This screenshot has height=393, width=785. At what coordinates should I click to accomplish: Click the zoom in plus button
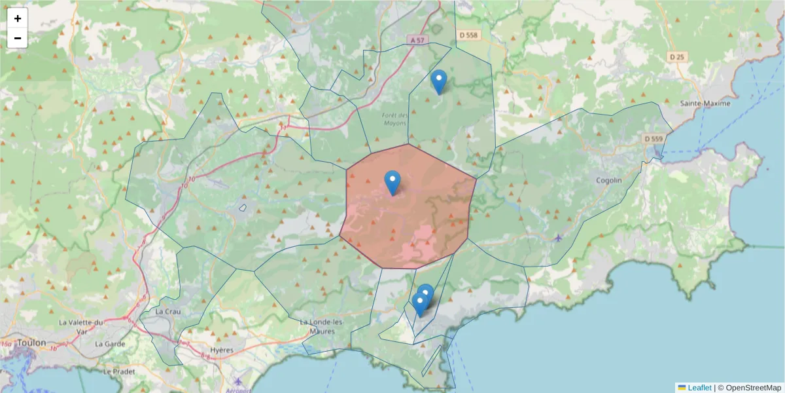[x=18, y=18]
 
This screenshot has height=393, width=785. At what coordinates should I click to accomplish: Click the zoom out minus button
[x=18, y=38]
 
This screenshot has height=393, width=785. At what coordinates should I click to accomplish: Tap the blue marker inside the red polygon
[x=392, y=182]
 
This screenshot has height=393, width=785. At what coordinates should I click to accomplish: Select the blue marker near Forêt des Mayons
[x=439, y=81]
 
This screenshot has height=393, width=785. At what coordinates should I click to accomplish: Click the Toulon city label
[x=31, y=343]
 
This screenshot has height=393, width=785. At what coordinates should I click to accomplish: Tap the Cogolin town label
[x=609, y=180]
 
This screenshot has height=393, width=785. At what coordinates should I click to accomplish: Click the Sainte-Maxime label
[x=705, y=103]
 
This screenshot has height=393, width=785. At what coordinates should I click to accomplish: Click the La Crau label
[x=168, y=312]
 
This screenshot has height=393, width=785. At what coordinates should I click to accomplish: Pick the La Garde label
[x=109, y=343]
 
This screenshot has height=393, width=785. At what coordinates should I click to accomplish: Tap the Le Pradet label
[x=118, y=370]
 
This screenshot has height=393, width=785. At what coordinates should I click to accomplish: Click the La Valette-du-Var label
[x=82, y=326]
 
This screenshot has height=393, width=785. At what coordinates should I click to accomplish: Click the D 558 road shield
[x=468, y=35]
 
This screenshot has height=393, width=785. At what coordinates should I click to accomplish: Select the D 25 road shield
[x=677, y=57]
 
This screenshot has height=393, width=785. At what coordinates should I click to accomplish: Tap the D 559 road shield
[x=653, y=139]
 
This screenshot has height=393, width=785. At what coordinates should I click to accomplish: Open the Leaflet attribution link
[x=699, y=388]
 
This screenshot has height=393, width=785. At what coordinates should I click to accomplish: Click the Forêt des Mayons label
[x=394, y=119]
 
